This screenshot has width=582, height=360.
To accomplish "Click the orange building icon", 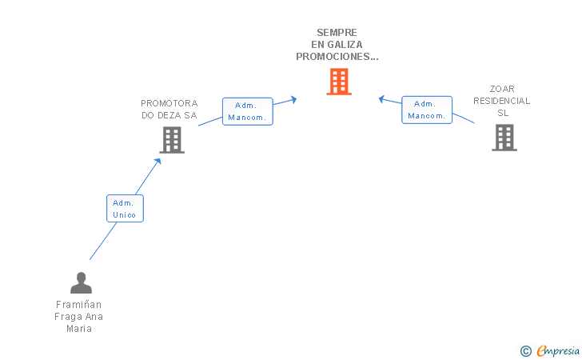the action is tap(339, 82).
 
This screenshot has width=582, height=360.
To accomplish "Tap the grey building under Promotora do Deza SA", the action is tap(172, 140).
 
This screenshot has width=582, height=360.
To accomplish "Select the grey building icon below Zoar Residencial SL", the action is tap(504, 138).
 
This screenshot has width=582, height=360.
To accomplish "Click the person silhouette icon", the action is tap(81, 282).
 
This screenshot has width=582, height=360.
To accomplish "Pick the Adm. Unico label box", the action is tap(125, 209).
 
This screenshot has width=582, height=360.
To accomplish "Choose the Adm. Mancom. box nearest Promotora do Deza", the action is tap(248, 111).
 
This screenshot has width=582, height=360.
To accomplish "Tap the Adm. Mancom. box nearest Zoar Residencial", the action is tap(427, 110).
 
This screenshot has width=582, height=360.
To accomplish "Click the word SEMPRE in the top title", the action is tap(337, 33).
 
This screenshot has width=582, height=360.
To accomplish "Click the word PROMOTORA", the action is tap(169, 103).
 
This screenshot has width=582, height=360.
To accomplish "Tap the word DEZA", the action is tap(169, 115).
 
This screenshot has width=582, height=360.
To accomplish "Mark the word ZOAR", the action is tap(502, 89).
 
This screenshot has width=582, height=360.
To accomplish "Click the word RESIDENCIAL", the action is tap(502, 101).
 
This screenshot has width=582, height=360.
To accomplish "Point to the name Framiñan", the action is tap(78, 305).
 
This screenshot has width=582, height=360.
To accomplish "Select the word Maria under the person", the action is tap(79, 329).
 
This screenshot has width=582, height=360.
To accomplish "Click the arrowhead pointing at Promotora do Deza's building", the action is tap(158, 162).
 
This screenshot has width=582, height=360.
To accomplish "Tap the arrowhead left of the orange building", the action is tap(293, 99).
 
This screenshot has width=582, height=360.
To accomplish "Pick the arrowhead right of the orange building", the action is tap(381, 99).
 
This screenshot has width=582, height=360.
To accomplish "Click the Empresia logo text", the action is tap(558, 350).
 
